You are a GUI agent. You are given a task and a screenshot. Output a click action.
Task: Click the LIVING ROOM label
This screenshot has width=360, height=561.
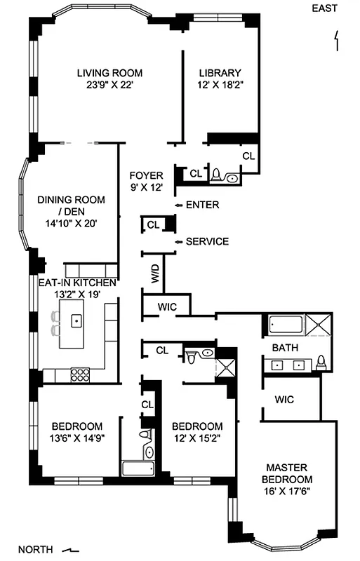point(110,72)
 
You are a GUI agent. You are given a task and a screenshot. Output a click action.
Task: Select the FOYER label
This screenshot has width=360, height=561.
point(147,175)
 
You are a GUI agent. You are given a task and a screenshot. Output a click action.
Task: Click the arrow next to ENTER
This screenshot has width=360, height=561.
point(178,205)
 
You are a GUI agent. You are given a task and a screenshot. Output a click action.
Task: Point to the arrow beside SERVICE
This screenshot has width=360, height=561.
point(178,242)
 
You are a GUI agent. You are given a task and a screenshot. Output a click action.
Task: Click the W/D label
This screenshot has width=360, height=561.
point(156,273)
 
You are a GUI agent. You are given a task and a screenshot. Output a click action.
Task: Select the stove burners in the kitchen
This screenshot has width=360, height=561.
point(80,373)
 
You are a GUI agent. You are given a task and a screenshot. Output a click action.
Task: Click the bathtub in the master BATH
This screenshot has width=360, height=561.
point(284,325)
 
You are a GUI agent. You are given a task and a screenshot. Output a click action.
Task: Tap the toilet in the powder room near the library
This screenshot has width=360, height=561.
point(217,174)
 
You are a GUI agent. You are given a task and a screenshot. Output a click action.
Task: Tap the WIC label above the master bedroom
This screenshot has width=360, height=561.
point(284,400)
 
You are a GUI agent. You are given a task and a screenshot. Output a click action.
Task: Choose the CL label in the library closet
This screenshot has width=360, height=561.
point(248,156)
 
